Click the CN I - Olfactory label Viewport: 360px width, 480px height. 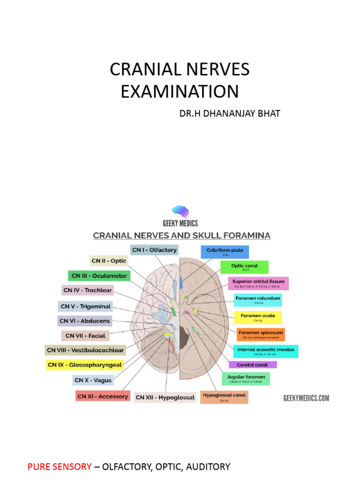click(154, 250)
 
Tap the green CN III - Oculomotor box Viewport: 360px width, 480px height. click(98, 276)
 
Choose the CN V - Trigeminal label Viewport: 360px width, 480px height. click(86, 307)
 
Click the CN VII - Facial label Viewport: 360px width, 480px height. click(85, 336)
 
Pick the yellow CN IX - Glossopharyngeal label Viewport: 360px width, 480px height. click(84, 364)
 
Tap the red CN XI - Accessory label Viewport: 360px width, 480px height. click(102, 397)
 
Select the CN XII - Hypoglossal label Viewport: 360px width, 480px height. click(165, 397)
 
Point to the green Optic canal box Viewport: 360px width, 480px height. click(244, 267)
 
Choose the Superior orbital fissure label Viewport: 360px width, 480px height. click(258, 283)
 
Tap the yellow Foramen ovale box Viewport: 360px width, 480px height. click(258, 317)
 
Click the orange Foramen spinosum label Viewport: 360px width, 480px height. click(261, 334)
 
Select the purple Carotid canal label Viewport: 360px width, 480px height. click(253, 364)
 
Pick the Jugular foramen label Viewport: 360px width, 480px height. click(246, 379)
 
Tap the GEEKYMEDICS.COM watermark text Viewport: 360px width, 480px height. click(306, 398)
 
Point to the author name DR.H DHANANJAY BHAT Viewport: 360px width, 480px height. click(230, 113)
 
